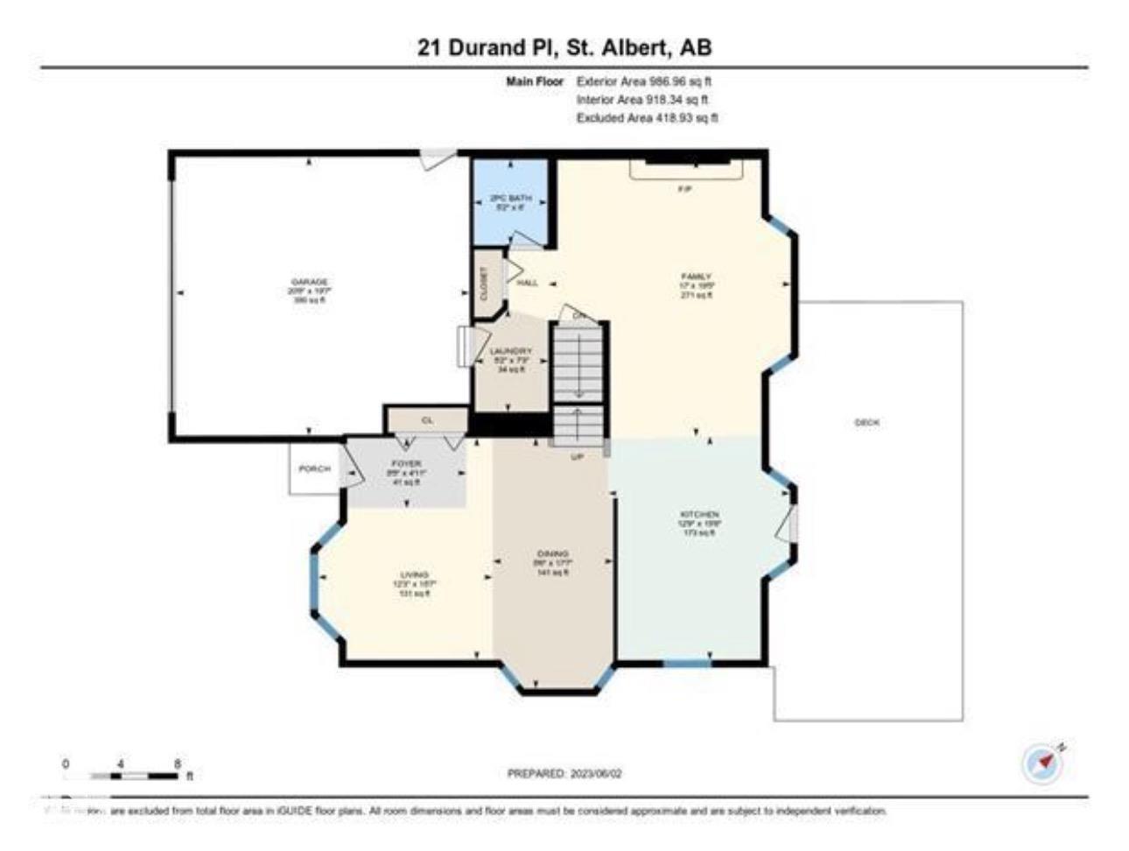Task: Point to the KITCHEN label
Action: point(699,515)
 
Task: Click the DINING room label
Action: point(553,554)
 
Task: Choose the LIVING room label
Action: point(414,575)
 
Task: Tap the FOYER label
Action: point(406,463)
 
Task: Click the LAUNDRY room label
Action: point(511,352)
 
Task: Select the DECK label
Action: point(866,423)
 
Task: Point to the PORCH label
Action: point(314,469)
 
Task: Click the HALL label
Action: point(527,284)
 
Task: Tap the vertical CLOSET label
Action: point(485,284)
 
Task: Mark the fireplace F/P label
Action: point(685,189)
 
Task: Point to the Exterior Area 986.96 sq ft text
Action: point(650,81)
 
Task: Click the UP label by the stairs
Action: point(577,457)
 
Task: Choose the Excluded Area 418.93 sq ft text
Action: point(647,118)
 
